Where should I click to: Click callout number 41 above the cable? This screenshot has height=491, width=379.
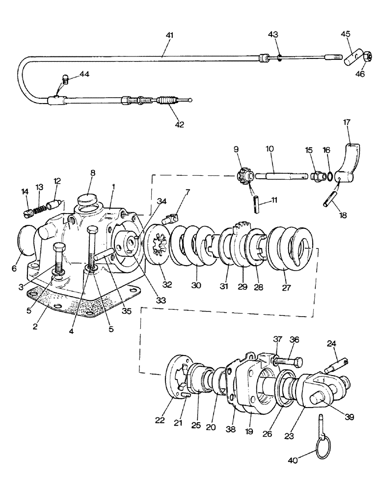click(169, 36)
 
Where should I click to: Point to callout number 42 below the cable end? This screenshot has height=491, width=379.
click(179, 125)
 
